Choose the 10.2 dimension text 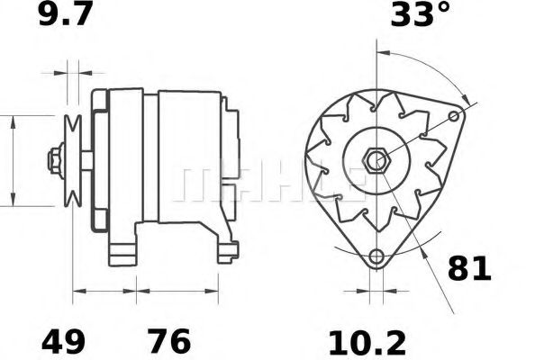click(x=367, y=342)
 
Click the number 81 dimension click(x=469, y=268)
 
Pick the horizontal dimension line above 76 click(x=177, y=291)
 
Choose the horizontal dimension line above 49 click(x=104, y=291)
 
